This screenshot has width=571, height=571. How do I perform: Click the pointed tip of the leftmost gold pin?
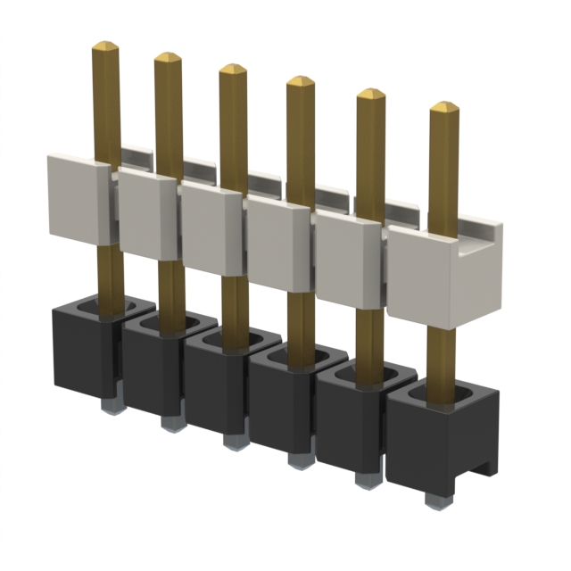(105, 45)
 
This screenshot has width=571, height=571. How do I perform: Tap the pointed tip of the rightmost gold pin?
(443, 107)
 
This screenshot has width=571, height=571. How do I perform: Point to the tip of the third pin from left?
(232, 69)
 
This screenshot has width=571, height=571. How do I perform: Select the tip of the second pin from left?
(168, 56)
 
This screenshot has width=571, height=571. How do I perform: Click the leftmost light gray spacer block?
(78, 198)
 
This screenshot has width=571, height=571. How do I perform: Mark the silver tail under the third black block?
(234, 441)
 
